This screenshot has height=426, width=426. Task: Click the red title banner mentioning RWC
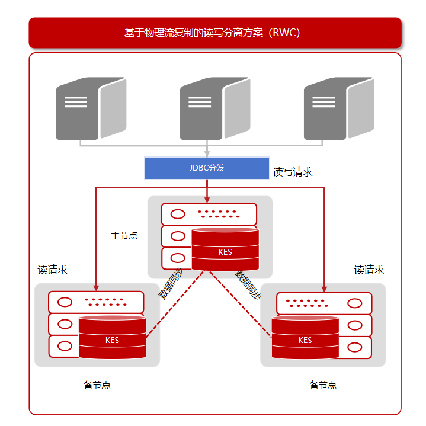pyautogui.click(x=215, y=33)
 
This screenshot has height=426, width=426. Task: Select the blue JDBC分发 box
pyautogui.click(x=207, y=168)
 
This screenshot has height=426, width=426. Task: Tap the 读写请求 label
pyautogui.click(x=293, y=172)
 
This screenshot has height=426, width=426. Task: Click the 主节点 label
pyautogui.click(x=124, y=236)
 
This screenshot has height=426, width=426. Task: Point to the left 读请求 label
pyautogui.click(x=52, y=270)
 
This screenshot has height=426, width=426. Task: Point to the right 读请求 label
pyautogui.click(x=369, y=270)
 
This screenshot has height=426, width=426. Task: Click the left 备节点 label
pyautogui.click(x=97, y=385)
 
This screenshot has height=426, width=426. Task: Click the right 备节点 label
pyautogui.click(x=323, y=385)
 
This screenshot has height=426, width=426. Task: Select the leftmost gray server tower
pyautogui.click(x=91, y=108)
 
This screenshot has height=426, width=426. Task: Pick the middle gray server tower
pyautogui.click(x=215, y=108)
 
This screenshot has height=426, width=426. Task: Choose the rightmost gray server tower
pyautogui.click(x=339, y=108)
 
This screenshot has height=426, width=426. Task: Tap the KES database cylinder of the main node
pyautogui.click(x=225, y=249)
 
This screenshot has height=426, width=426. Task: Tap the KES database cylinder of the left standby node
pyautogui.click(x=112, y=337)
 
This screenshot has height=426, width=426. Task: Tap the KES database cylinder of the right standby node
pyautogui.click(x=305, y=337)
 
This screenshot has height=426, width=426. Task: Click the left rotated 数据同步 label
pyautogui.click(x=171, y=284)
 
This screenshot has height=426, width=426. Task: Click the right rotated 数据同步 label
pyautogui.click(x=248, y=285)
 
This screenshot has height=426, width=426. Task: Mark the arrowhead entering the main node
pyautogui.click(x=207, y=200)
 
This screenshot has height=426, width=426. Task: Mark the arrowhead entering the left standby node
pyautogui.click(x=96, y=288)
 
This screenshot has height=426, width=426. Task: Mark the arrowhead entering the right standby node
pyautogui.click(x=324, y=289)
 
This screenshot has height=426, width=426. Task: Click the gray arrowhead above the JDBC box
pyautogui.click(x=207, y=154)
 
